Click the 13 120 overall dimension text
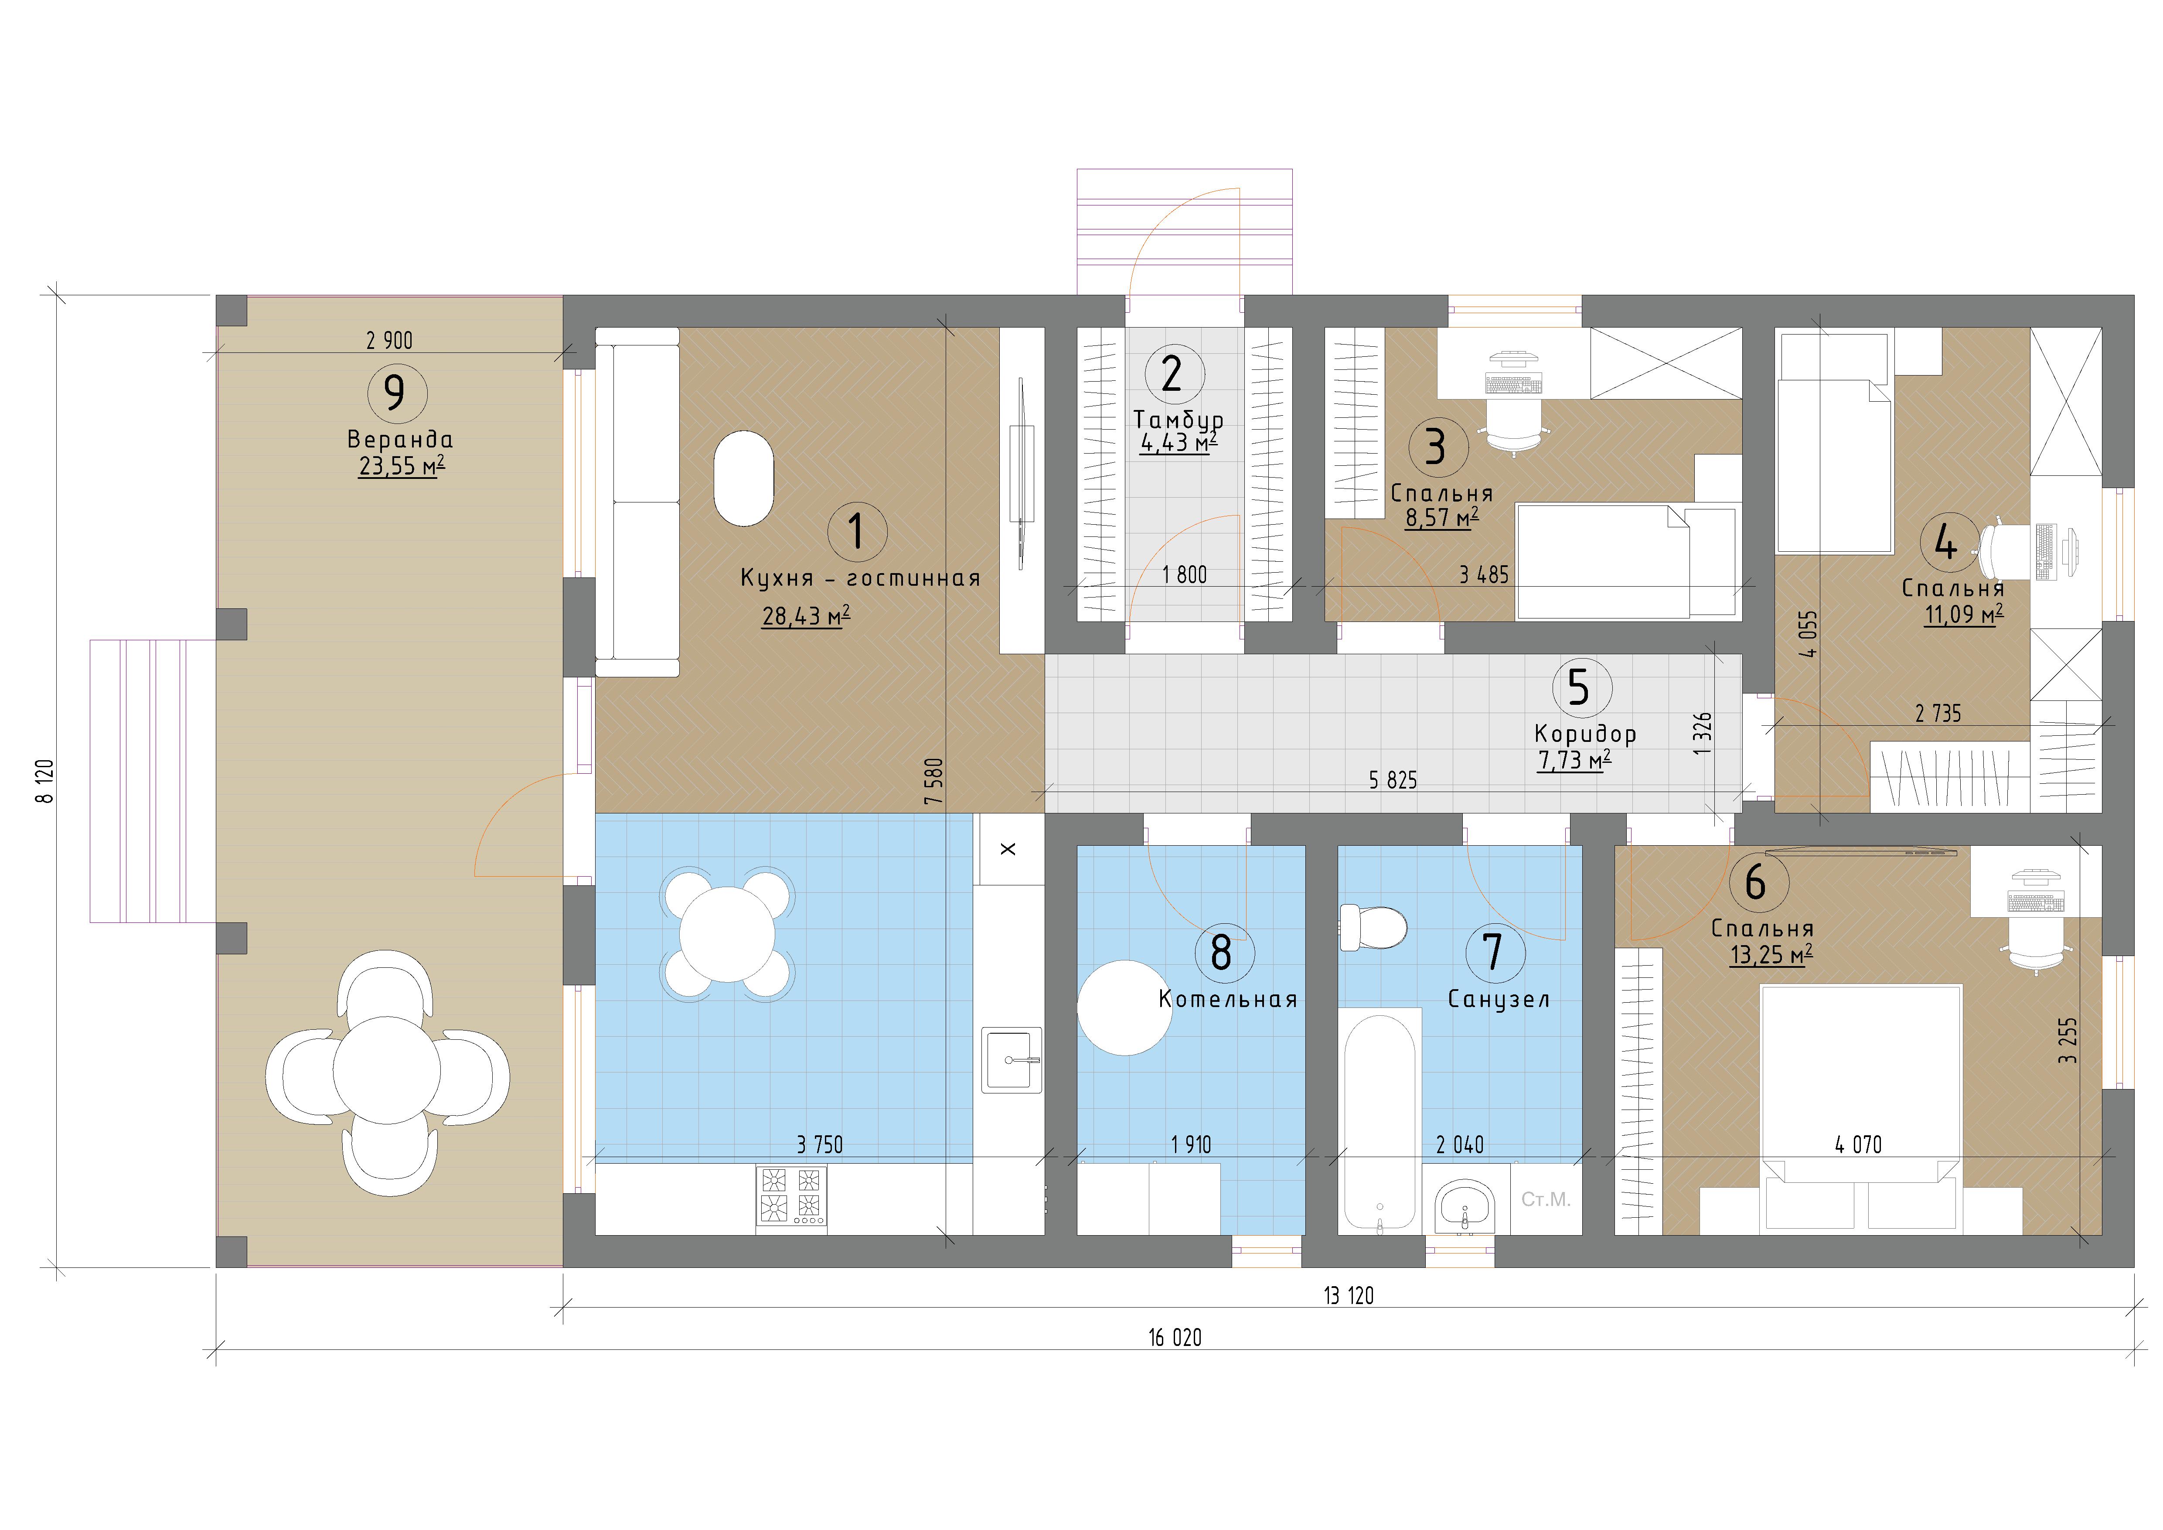1348,1295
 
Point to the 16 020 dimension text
1175,1338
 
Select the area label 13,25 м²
1771,954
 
